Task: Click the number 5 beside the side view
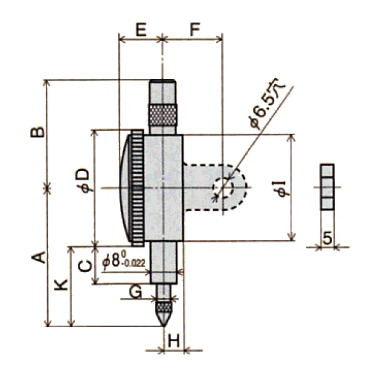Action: (327, 238)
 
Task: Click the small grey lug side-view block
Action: (327, 187)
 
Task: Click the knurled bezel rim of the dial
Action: (138, 187)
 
